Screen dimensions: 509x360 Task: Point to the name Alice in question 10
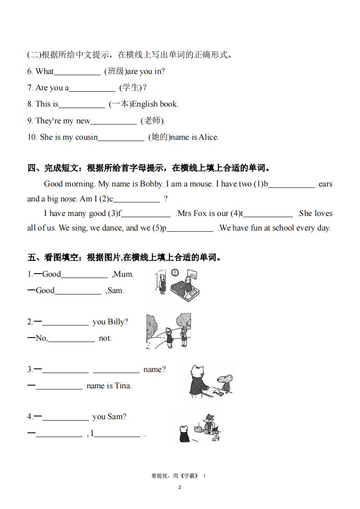click(208, 137)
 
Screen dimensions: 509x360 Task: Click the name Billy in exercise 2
click(118, 322)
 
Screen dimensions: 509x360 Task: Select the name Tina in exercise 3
click(123, 386)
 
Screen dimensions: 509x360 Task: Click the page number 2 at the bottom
click(180, 487)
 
